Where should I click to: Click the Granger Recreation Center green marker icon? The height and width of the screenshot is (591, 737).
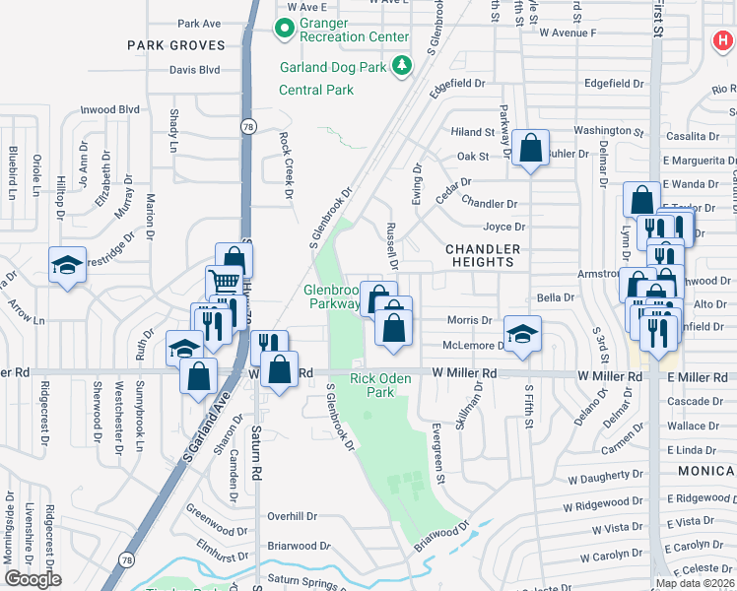point(286,29)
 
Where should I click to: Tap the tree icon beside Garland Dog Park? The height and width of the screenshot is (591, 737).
point(401,66)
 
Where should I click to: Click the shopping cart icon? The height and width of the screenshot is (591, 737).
point(224,283)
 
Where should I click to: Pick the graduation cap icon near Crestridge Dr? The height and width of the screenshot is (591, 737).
point(67,265)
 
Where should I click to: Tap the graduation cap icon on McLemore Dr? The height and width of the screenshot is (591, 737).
point(522,332)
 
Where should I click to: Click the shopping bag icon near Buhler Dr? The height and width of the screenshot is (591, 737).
point(530,149)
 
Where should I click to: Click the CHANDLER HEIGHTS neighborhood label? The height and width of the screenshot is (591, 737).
point(480,255)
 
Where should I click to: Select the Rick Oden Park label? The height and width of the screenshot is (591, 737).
point(372,384)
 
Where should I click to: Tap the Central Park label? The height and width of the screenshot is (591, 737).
point(315,90)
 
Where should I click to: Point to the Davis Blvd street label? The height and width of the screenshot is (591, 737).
point(194,70)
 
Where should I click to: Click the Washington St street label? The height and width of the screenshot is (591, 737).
point(601,131)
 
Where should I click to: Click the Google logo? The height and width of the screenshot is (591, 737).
point(33,579)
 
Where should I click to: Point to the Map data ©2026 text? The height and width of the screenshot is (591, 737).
point(695,583)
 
